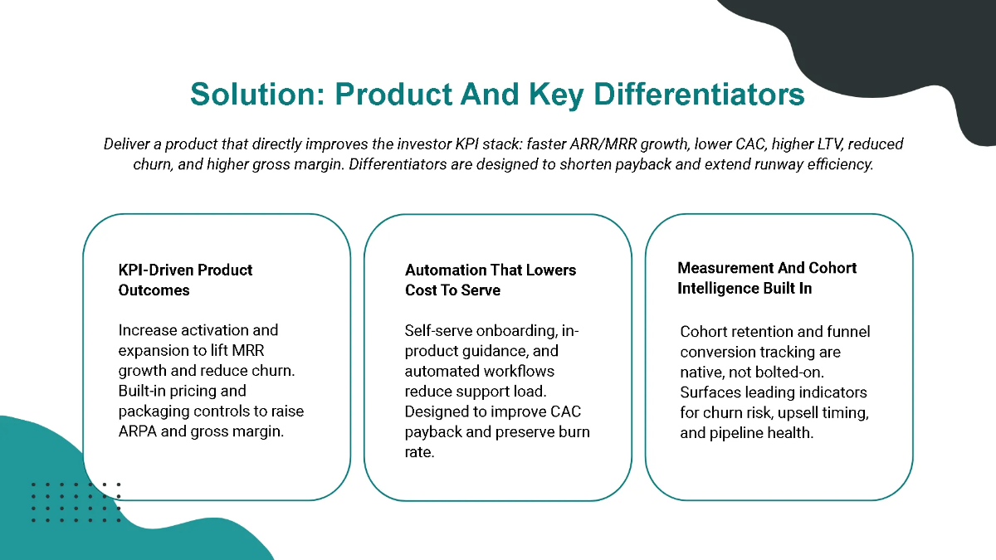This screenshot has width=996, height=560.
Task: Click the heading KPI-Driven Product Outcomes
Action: [x=185, y=280]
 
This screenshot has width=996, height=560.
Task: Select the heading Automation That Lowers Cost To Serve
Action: [x=490, y=280]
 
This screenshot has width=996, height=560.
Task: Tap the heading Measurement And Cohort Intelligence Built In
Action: [x=767, y=278]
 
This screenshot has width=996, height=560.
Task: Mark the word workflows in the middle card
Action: [x=515, y=371]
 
